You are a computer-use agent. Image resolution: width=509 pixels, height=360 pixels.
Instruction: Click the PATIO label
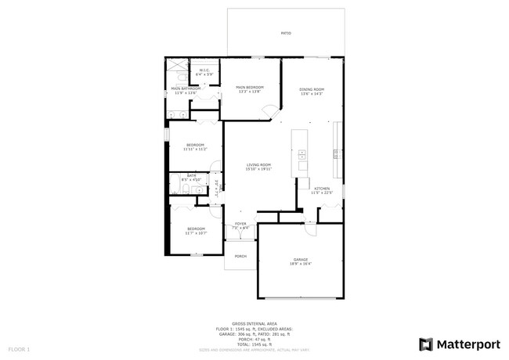286,34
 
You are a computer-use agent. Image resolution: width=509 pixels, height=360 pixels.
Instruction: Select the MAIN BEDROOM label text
250,88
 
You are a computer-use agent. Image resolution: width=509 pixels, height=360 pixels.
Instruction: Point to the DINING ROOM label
311,91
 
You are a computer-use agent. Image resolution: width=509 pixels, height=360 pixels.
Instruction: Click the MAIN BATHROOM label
186,90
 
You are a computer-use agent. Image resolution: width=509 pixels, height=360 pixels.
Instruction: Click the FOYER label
240,225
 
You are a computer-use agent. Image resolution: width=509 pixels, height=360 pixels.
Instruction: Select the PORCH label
240,256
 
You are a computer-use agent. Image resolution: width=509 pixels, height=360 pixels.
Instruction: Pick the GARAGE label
301,261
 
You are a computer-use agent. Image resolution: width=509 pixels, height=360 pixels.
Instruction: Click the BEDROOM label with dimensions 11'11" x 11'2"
194,146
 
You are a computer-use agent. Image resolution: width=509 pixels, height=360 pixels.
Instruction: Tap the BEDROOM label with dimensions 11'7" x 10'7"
195,230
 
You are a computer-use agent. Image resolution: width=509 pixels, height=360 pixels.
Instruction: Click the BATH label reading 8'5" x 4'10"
191,177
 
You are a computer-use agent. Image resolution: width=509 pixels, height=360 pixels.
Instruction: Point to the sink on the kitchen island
301,153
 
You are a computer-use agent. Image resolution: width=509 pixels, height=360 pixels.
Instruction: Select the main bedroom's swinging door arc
269,115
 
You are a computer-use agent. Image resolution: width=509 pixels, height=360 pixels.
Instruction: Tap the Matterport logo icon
426,344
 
